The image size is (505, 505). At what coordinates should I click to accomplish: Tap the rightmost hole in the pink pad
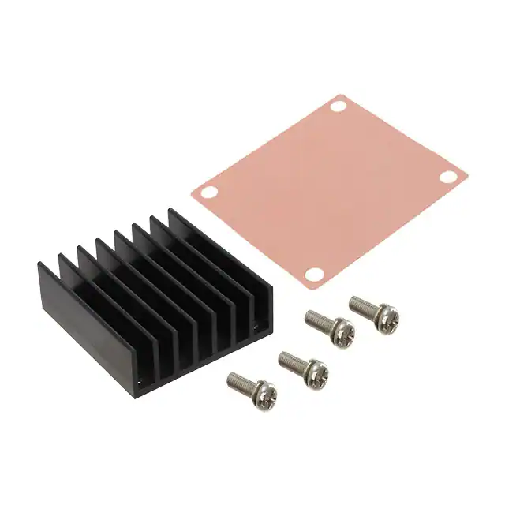coord(447,177)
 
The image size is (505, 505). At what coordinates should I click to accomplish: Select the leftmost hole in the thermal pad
coord(209,191)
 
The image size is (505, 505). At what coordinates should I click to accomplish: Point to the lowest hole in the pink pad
coord(314,274)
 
